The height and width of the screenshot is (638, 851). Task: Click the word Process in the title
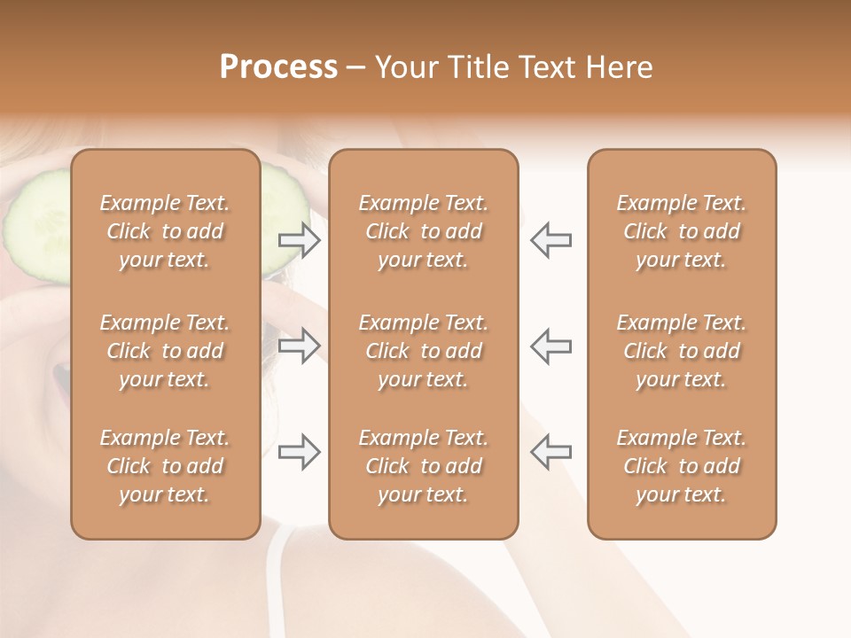click(x=278, y=67)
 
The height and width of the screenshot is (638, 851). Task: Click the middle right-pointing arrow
click(x=299, y=346)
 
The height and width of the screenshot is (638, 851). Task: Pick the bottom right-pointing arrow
click(x=299, y=452)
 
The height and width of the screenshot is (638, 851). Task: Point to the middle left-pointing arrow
click(x=550, y=346)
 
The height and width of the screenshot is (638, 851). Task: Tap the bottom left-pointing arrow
click(x=550, y=452)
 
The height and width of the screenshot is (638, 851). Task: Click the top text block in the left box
click(x=165, y=231)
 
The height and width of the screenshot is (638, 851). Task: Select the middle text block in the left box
click(x=165, y=351)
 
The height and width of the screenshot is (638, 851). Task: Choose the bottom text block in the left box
click(x=165, y=466)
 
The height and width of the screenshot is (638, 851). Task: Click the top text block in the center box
click(x=423, y=231)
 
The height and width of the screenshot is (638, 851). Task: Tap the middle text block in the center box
click(x=423, y=351)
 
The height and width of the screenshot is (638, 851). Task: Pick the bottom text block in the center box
click(x=423, y=466)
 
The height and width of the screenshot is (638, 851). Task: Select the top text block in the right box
click(x=681, y=231)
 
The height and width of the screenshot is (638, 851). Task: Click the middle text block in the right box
click(x=681, y=351)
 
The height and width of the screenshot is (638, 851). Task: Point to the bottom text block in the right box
click(x=681, y=466)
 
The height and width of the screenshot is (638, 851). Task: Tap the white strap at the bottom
click(x=277, y=585)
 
